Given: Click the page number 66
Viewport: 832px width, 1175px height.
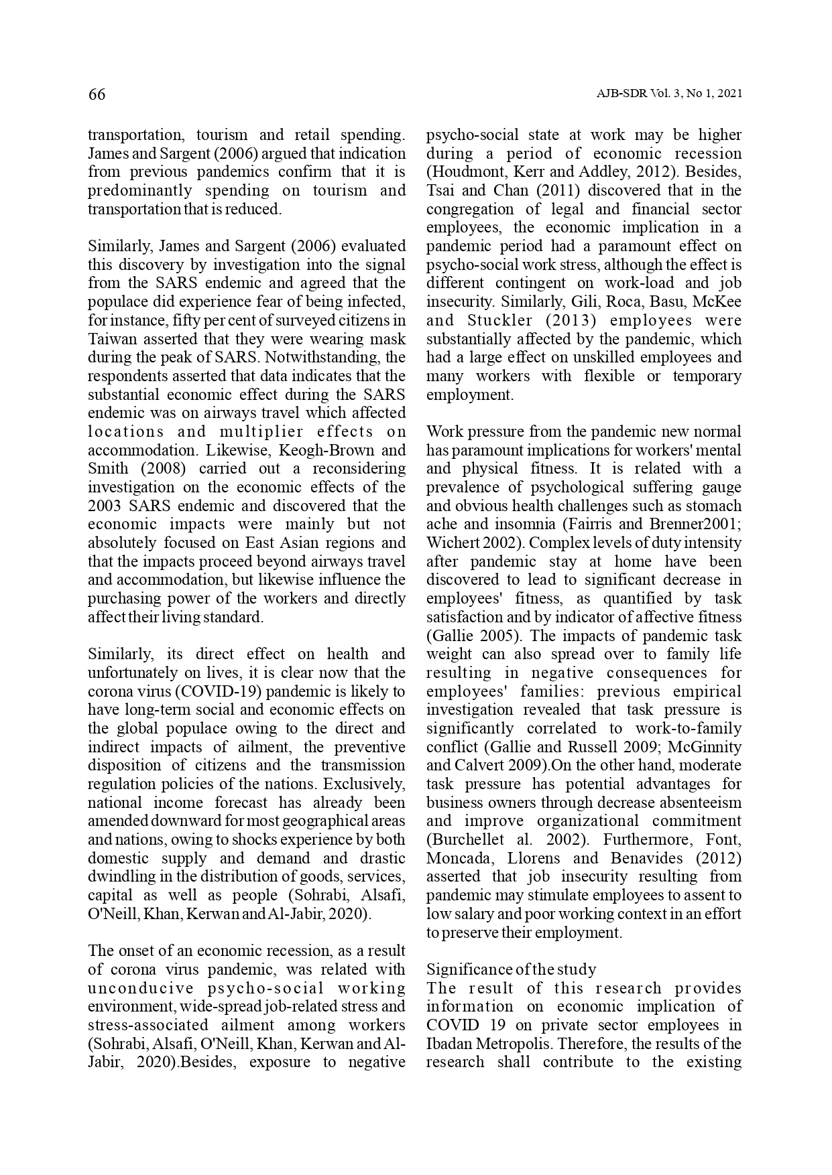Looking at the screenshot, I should click(97, 94).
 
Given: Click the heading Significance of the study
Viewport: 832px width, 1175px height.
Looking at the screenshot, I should click(511, 969).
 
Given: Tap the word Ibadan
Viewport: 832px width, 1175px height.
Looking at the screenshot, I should click(449, 1044).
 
